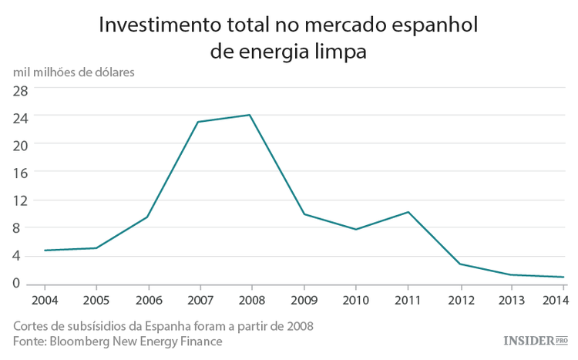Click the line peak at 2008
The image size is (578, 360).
[x=250, y=115]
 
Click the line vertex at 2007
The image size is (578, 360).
[x=198, y=122]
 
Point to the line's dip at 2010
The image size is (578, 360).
[x=355, y=229]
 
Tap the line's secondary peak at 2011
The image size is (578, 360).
[x=408, y=212]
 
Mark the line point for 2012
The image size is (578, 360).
[x=460, y=264]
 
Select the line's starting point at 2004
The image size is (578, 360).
[x=45, y=251]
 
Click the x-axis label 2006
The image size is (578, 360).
[x=148, y=298]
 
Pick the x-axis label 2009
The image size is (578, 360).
[x=304, y=298]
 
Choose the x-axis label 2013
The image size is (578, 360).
[x=512, y=298]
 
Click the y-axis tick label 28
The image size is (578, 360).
[x=20, y=89]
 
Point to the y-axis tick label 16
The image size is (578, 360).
[x=20, y=173]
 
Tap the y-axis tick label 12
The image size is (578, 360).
[x=20, y=200]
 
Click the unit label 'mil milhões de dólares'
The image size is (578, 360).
[x=73, y=72]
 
